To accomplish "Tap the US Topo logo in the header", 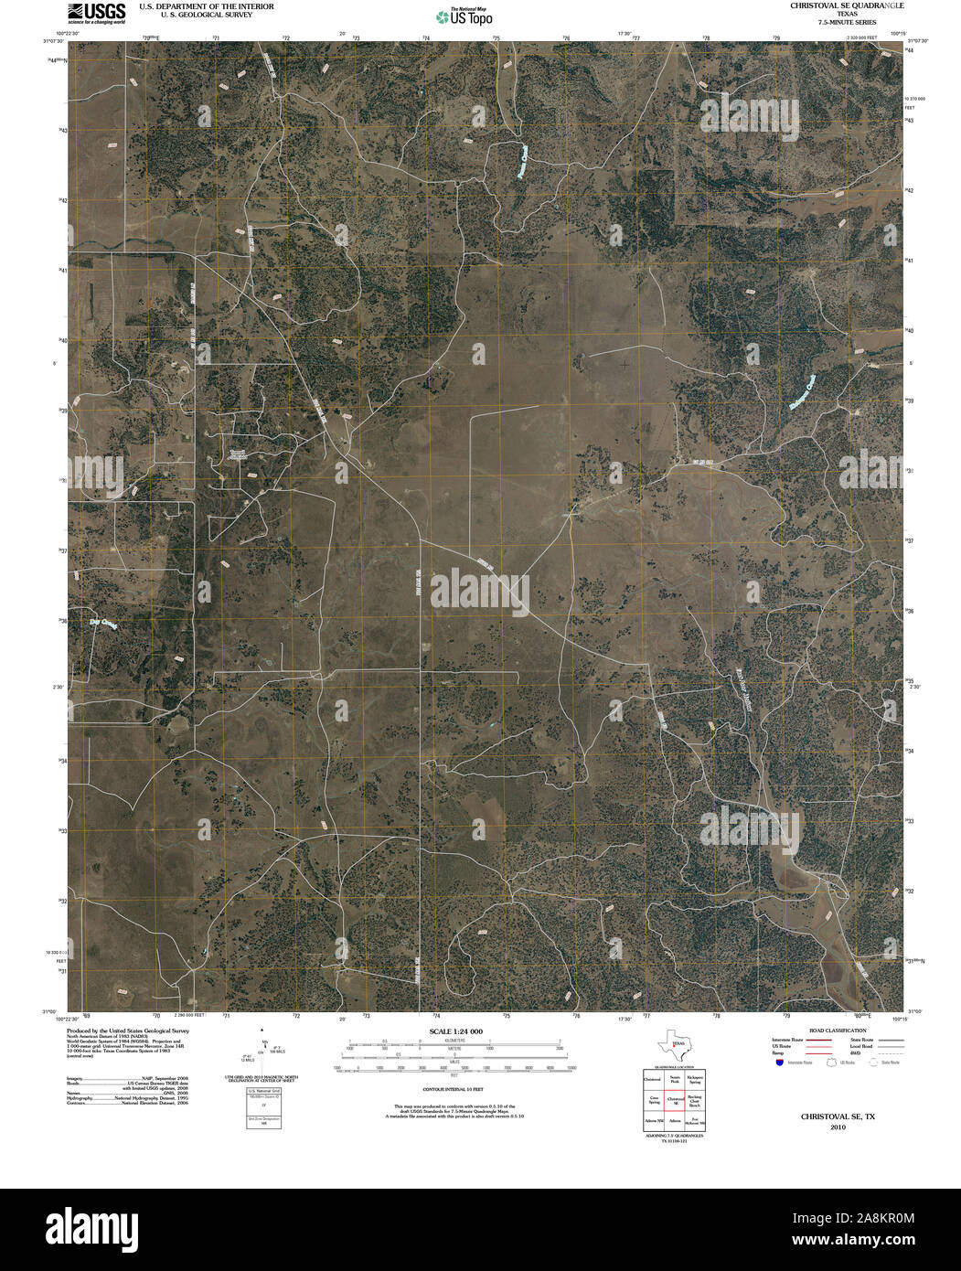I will [464, 16].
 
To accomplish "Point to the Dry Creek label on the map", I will [104, 625].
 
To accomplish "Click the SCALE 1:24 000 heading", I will [453, 1031].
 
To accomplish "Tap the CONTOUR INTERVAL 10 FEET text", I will [453, 1091].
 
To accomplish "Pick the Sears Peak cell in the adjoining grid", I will [675, 1079].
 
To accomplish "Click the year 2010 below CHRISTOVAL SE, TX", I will [838, 1127].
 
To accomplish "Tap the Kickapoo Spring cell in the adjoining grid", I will [695, 1079].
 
